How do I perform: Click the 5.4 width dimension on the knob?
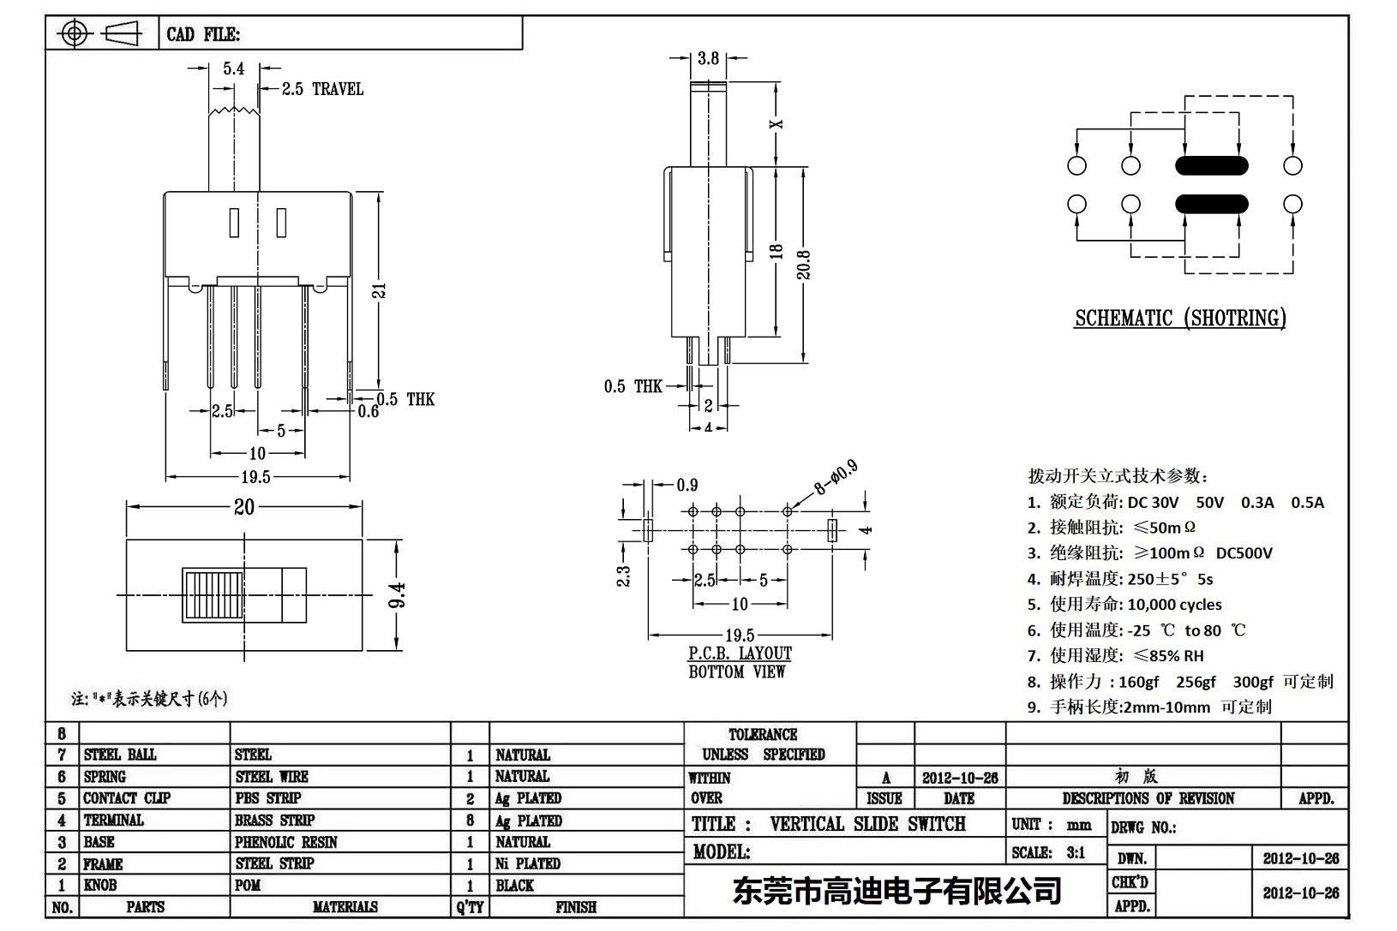click(x=234, y=69)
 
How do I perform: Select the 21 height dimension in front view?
click(x=380, y=290)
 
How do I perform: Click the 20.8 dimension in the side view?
click(x=803, y=264)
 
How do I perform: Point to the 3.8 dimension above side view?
click(x=708, y=58)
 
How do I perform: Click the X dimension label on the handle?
click(x=776, y=123)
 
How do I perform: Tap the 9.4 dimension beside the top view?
click(x=397, y=595)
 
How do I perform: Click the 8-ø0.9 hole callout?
click(x=835, y=478)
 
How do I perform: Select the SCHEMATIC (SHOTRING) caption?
click(x=1180, y=319)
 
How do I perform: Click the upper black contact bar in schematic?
click(x=1211, y=166)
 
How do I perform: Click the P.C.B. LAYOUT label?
click(x=740, y=653)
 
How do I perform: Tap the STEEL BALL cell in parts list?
click(x=120, y=755)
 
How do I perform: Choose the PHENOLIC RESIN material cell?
click(x=286, y=842)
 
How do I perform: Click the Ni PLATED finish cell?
click(x=528, y=863)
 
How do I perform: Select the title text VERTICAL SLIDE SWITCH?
click(x=867, y=824)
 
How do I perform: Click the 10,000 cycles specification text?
click(x=1174, y=605)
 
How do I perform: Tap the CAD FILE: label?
click(x=203, y=35)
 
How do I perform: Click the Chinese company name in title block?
click(x=896, y=891)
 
